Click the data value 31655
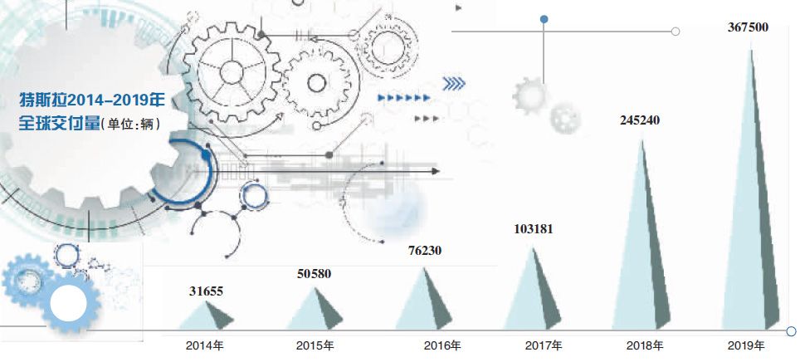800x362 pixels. [x=206, y=291]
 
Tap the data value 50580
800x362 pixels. [x=314, y=274]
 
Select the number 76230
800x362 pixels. [x=425, y=251]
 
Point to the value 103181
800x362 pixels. [x=533, y=229]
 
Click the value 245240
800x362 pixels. [x=640, y=120]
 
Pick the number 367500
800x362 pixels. [x=748, y=27]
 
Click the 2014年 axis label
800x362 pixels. [x=205, y=345]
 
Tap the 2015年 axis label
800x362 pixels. [x=315, y=345]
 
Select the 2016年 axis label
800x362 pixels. [x=442, y=345]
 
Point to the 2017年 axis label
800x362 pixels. [x=544, y=345]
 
